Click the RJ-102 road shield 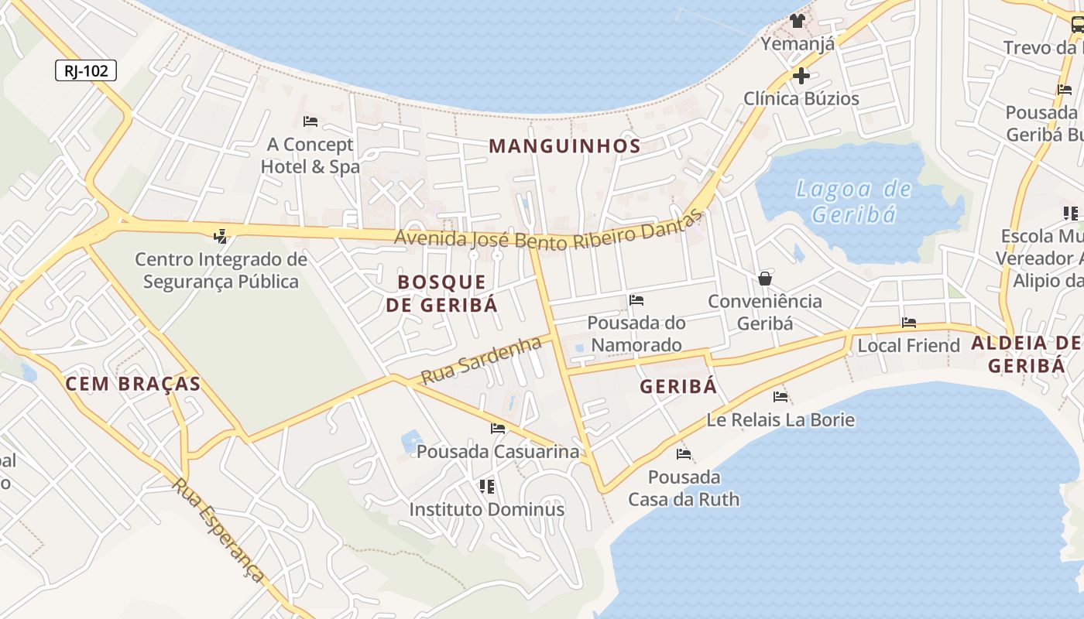(x=86, y=71)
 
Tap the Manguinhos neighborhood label (x=564, y=145)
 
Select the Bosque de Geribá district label (x=441, y=292)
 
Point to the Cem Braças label (x=133, y=383)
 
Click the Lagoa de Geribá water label (x=853, y=201)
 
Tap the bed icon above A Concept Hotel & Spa (x=310, y=121)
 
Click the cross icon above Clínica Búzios (x=801, y=76)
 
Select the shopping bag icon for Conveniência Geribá (x=765, y=279)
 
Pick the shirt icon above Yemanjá (x=798, y=21)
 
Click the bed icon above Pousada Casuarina (x=498, y=428)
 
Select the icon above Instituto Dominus (x=487, y=486)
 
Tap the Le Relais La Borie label (x=780, y=419)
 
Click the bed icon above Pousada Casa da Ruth (x=684, y=453)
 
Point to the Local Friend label (x=908, y=345)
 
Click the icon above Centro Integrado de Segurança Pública (x=221, y=235)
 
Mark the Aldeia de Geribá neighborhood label (x=1027, y=354)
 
